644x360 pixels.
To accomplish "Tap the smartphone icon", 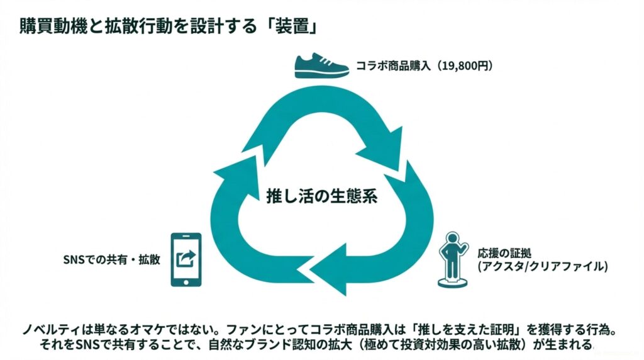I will pyautogui.click(x=186, y=259).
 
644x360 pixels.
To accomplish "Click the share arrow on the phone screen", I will pyautogui.click(x=187, y=257).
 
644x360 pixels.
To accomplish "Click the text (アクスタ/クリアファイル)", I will pyautogui.click(x=543, y=267).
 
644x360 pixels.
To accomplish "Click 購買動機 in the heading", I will pyautogui.click(x=48, y=30).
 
